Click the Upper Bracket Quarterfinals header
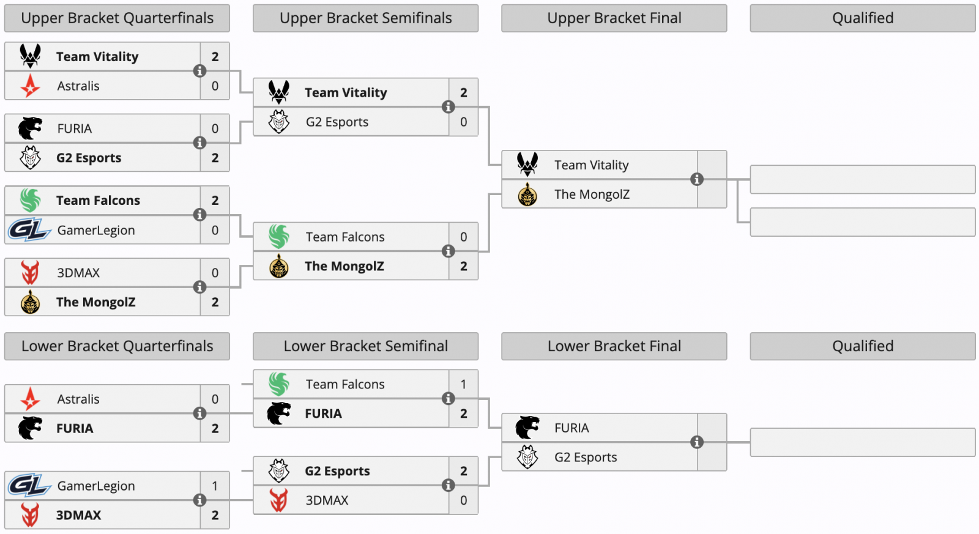pyautogui.click(x=117, y=18)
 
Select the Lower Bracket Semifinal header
pyautogui.click(x=365, y=346)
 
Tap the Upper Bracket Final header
pyautogui.click(x=614, y=18)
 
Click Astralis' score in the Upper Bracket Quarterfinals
pyautogui.click(x=215, y=86)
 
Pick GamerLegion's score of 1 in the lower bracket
pyautogui.click(x=215, y=486)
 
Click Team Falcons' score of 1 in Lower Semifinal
pyautogui.click(x=463, y=385)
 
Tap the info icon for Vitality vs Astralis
pyautogui.click(x=199, y=71)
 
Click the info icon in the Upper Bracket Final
pyautogui.click(x=697, y=179)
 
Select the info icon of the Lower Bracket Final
pyautogui.click(x=697, y=442)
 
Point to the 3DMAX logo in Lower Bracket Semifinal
pyautogui.click(x=279, y=500)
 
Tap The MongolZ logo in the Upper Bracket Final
pyautogui.click(x=527, y=195)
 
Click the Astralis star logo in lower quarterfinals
pyautogui.click(x=30, y=399)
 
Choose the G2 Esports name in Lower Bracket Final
pyautogui.click(x=586, y=458)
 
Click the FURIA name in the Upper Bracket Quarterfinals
pyautogui.click(x=74, y=129)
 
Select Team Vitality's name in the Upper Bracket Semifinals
pyautogui.click(x=346, y=92)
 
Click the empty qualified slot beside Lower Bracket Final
pyautogui.click(x=862, y=442)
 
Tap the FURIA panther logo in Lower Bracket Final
pyautogui.click(x=527, y=428)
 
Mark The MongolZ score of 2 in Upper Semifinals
pyautogui.click(x=463, y=266)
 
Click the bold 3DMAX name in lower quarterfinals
pyautogui.click(x=79, y=515)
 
